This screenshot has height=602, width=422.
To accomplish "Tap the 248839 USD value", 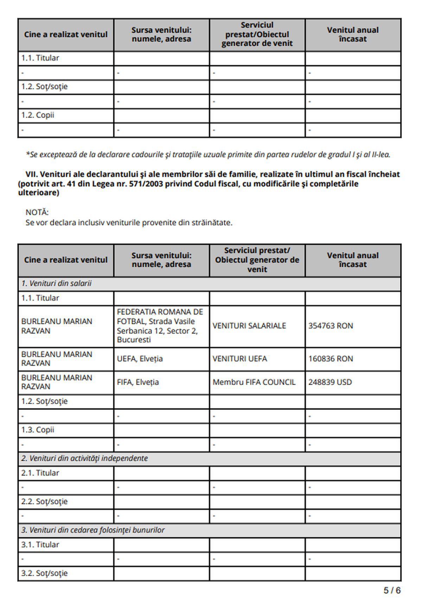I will [330, 382].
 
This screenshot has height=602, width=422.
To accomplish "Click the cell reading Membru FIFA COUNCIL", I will [254, 382].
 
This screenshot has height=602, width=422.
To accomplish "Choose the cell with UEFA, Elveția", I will [140, 359].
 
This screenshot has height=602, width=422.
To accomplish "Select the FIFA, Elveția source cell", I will [138, 382].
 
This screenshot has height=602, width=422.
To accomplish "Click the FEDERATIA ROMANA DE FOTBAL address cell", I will [160, 326].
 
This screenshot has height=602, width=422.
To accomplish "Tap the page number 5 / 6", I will [392, 590].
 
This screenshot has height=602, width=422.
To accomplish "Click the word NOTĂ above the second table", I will [37, 212].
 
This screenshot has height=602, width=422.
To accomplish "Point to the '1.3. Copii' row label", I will [38, 430].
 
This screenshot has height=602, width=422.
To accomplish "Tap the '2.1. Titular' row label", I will [40, 473].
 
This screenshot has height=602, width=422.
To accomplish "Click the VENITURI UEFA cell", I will [239, 359].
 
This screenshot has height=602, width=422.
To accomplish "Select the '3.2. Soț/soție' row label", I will [44, 573].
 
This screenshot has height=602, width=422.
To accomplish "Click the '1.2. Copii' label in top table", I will [38, 115].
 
